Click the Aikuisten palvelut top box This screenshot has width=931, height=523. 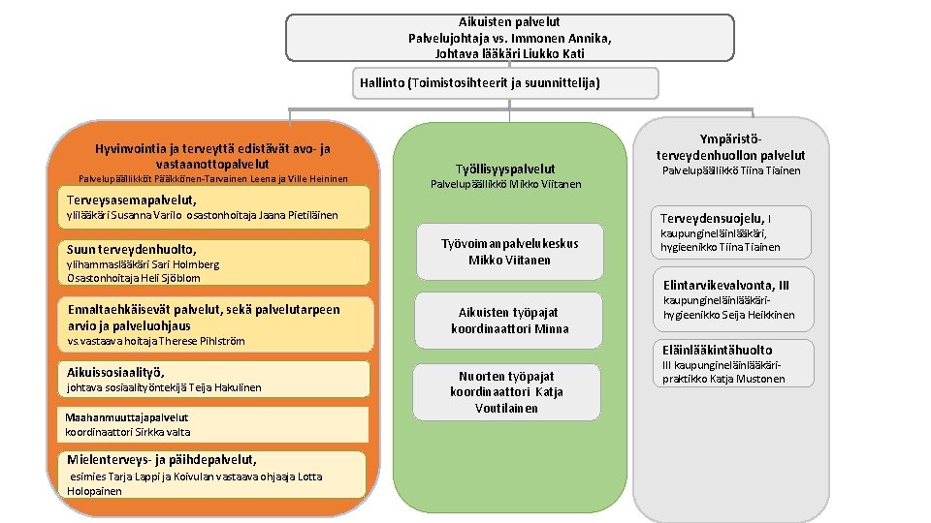[x=509, y=37]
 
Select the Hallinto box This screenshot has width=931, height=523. [x=480, y=83]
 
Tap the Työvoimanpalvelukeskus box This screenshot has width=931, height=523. [x=509, y=252]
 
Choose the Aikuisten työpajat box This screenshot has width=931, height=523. [x=509, y=321]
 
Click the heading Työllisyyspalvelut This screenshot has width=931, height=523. [x=505, y=169]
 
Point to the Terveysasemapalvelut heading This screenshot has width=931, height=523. [x=124, y=200]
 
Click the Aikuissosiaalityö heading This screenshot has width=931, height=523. [x=115, y=372]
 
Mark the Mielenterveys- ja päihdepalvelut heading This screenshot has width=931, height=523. [x=161, y=459]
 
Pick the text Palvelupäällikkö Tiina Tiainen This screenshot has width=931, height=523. [x=731, y=171]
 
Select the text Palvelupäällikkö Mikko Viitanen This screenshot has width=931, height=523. [x=505, y=184]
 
